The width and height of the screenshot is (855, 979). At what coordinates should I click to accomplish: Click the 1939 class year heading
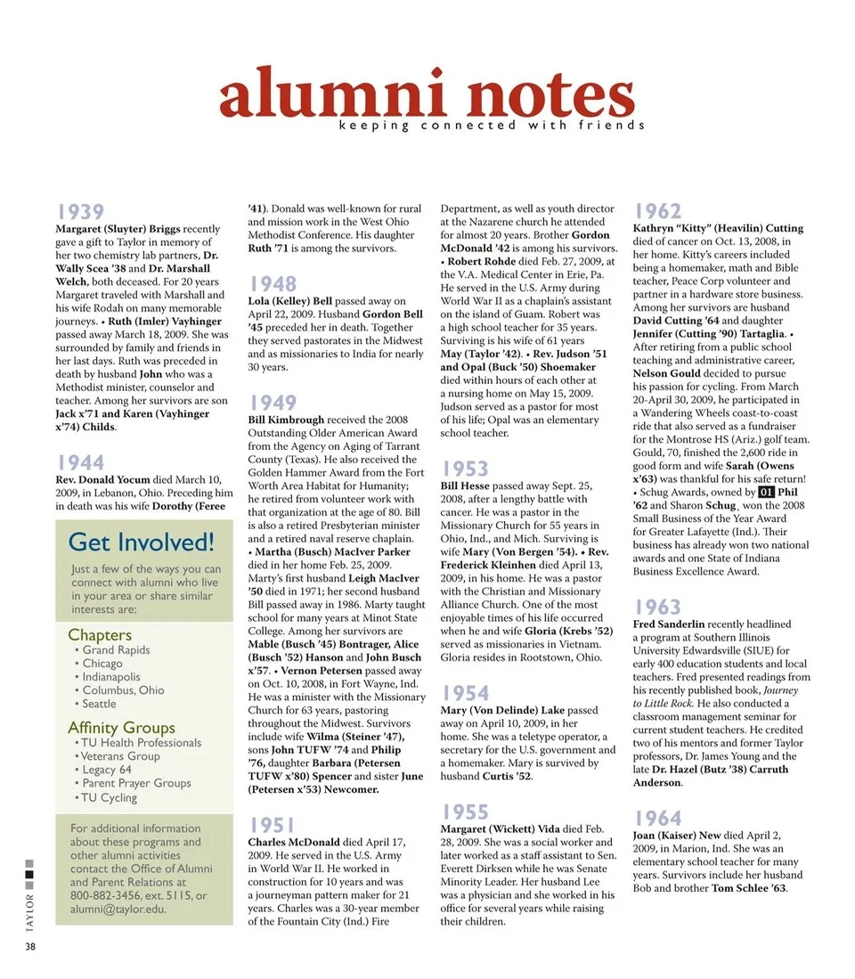81,212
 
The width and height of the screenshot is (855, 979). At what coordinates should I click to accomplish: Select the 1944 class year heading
81,462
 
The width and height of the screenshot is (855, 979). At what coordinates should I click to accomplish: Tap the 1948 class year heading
273,284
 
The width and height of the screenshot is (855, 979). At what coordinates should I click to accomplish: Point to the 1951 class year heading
273,825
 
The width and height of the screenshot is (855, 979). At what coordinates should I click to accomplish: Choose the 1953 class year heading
466,469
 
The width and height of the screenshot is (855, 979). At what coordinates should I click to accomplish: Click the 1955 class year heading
466,812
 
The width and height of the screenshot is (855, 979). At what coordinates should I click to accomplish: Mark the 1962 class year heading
658,211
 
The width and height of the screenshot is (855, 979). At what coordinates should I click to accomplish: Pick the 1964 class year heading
658,819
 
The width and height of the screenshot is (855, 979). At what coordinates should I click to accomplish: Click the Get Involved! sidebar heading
141,542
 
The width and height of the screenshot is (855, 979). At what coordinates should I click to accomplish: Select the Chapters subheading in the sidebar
100,635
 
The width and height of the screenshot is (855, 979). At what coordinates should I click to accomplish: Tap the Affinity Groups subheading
121,728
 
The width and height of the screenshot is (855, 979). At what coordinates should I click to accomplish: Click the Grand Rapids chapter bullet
116,650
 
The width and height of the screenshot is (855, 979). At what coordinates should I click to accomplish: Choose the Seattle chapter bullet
99,704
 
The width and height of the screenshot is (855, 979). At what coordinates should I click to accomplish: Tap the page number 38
30,946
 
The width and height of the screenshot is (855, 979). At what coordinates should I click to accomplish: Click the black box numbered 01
766,492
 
